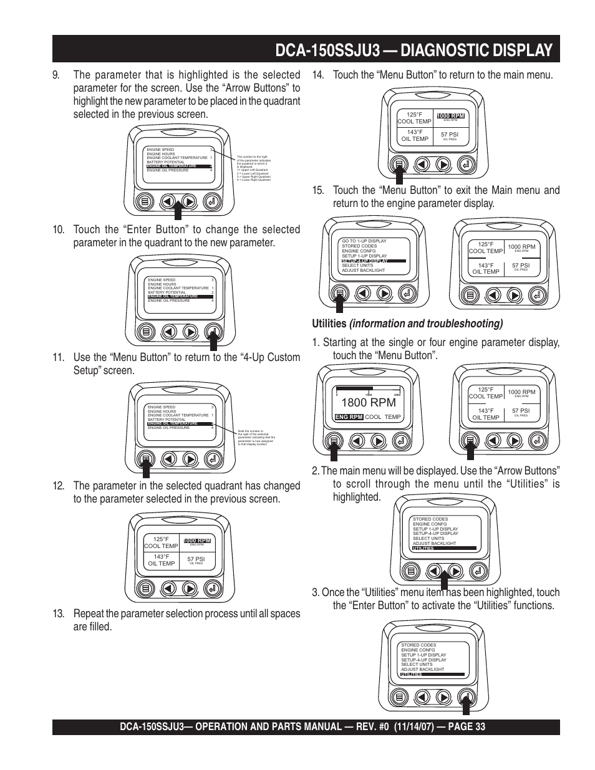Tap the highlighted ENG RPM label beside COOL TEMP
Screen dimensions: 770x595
(349, 417)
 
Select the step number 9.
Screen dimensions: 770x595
(57, 75)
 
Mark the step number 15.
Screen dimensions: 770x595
(319, 190)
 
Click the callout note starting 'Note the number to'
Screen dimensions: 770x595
(256, 437)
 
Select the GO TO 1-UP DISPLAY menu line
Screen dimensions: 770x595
(364, 241)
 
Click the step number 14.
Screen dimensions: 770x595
(319, 75)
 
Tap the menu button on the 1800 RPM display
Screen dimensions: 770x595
(335, 441)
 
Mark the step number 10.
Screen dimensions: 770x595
(59, 229)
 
